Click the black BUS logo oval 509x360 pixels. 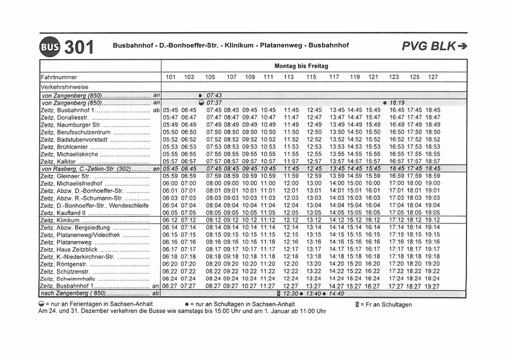pyautogui.click(x=50, y=47)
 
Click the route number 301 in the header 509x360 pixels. pyautogui.click(x=79, y=47)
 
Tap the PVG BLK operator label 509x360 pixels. pyautogui.click(x=435, y=46)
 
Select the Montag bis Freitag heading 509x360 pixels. pyautogui.click(x=301, y=66)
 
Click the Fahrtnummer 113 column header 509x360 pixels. pyautogui.click(x=289, y=78)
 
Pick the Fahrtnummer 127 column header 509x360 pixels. pyautogui.click(x=433, y=78)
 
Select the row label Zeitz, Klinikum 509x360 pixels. pyautogui.click(x=60, y=220)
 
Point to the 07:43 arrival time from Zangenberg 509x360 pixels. pyautogui.click(x=215, y=95)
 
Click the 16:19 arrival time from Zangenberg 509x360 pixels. pyautogui.click(x=397, y=103)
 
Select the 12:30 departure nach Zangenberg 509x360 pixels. pyautogui.click(x=291, y=294)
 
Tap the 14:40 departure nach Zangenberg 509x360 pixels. pyautogui.click(x=336, y=294)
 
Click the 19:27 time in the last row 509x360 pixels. pyautogui.click(x=433, y=286)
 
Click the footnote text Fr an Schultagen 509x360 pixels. pyautogui.click(x=387, y=304)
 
